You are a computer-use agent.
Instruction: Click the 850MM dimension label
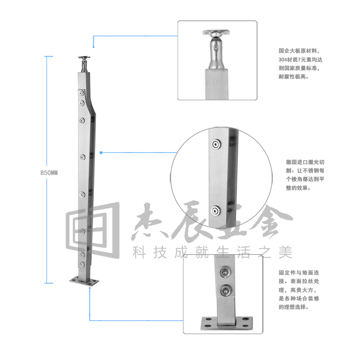49,173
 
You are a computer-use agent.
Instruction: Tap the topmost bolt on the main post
81,93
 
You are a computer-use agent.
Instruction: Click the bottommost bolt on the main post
82,264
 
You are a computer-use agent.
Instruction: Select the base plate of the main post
84,281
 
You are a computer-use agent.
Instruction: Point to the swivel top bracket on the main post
84,64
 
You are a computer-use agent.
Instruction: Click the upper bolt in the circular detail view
216,144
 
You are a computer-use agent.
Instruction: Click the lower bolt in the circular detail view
215,211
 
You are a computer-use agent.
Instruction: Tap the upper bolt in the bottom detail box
225,272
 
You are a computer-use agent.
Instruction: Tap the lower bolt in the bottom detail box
225,291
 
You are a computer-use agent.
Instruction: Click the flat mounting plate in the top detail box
216,32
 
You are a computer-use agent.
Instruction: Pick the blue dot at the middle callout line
101,152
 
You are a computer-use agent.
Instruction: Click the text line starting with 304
300,60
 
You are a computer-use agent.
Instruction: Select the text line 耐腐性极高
294,77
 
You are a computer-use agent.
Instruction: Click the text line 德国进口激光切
305,162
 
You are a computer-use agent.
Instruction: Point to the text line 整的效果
298,188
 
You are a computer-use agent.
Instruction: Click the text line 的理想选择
294,307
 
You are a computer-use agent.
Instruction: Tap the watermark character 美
285,252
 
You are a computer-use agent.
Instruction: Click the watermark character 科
139,252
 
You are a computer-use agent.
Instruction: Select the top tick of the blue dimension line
49,56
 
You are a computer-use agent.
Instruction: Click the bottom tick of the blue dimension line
49,283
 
